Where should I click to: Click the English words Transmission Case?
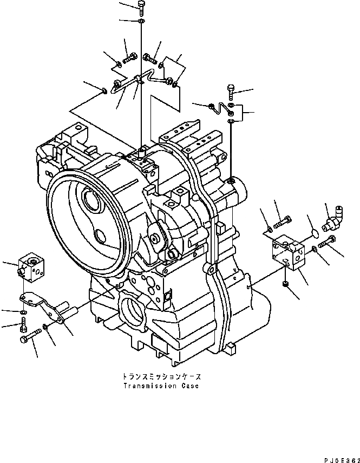pos(160,386)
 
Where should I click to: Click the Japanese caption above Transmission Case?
pos(160,375)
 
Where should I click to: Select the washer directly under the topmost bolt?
pos(141,21)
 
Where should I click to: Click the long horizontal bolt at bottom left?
pos(30,338)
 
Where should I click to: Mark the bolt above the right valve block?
pos(284,221)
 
